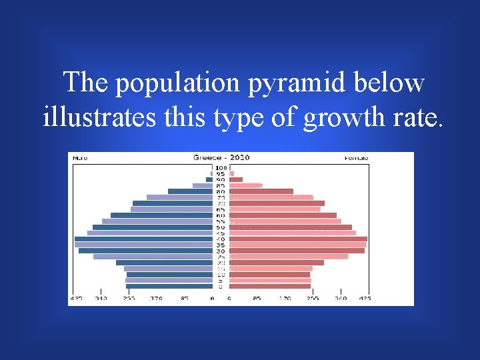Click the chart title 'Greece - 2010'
tap(221, 157)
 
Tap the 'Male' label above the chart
tap(80, 158)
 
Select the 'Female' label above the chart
tap(357, 158)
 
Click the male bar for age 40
tap(143, 239)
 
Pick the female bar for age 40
tap(298, 239)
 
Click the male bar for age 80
tap(190, 191)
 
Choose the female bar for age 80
tap(261, 191)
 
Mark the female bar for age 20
tap(277, 263)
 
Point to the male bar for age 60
tap(161, 215)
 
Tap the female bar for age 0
tap(270, 286)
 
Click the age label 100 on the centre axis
tap(220, 167)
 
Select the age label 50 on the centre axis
tap(220, 227)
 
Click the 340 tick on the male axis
tap(101, 299)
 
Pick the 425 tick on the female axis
tap(365, 299)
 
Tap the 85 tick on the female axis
tap(257, 299)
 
